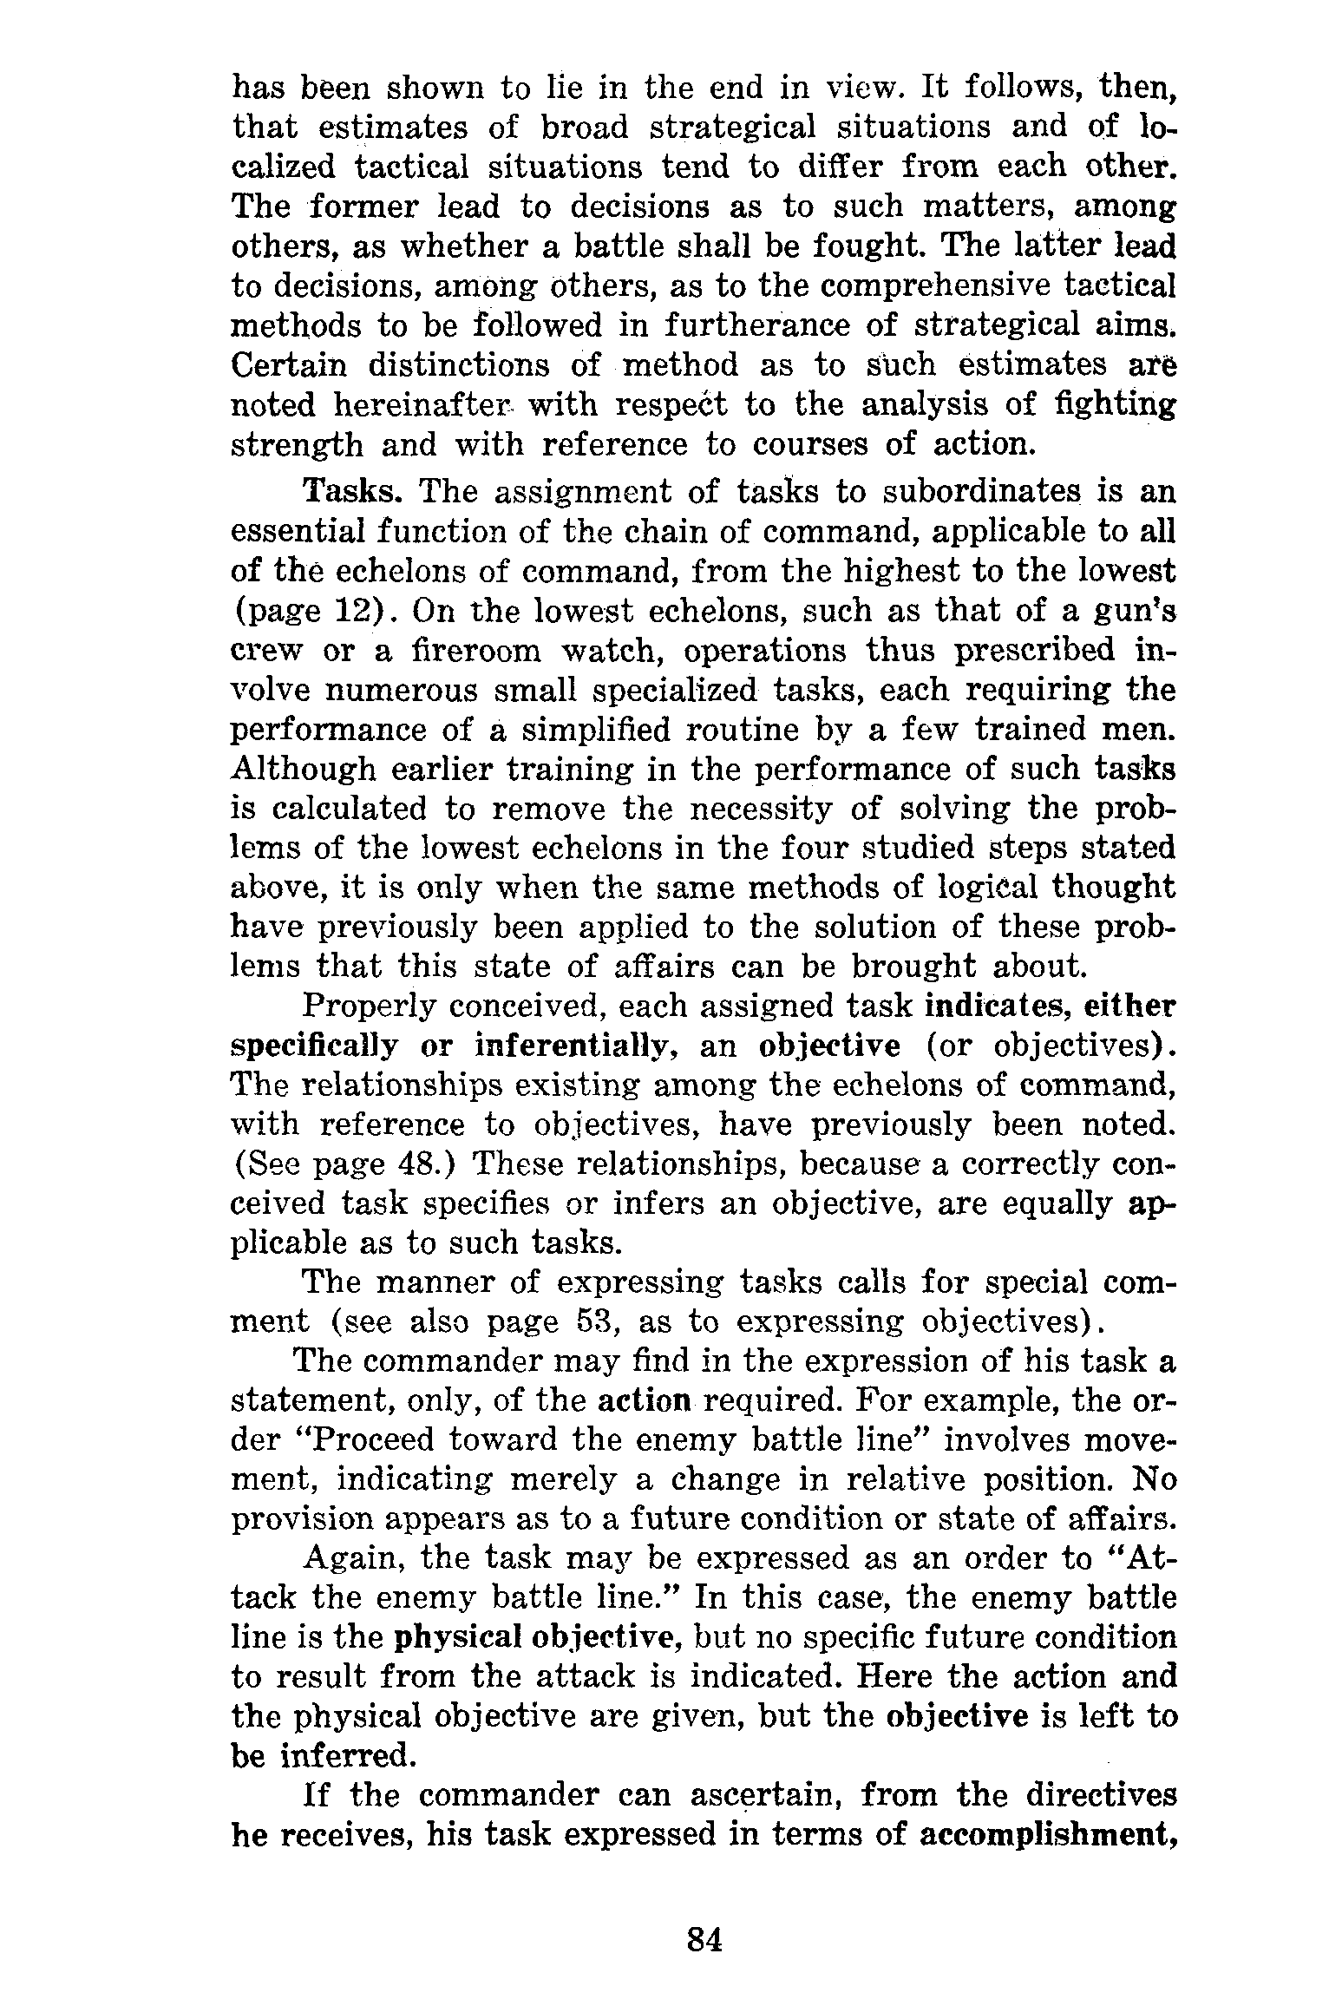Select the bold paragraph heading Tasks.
350,491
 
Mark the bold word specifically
314,1046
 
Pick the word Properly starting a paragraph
367,1006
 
